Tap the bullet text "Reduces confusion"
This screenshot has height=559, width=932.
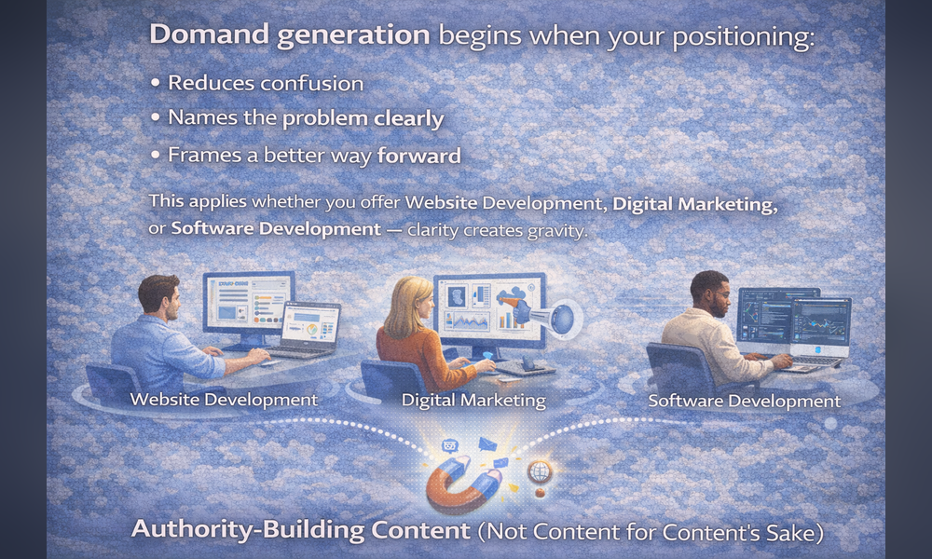[266, 83]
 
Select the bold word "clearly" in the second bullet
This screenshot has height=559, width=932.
[409, 119]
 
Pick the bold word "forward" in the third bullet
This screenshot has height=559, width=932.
[419, 156]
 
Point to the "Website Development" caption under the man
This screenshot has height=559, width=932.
[224, 399]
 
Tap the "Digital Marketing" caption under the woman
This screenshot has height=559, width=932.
[473, 401]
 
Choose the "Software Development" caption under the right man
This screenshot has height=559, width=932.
[744, 401]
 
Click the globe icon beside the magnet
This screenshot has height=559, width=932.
[539, 472]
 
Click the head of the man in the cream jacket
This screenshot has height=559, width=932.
[711, 294]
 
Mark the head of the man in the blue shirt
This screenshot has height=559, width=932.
[158, 297]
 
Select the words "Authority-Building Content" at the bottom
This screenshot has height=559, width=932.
[301, 529]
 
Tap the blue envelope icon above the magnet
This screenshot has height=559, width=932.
[487, 443]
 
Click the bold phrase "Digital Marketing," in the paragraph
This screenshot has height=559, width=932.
[695, 204]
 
